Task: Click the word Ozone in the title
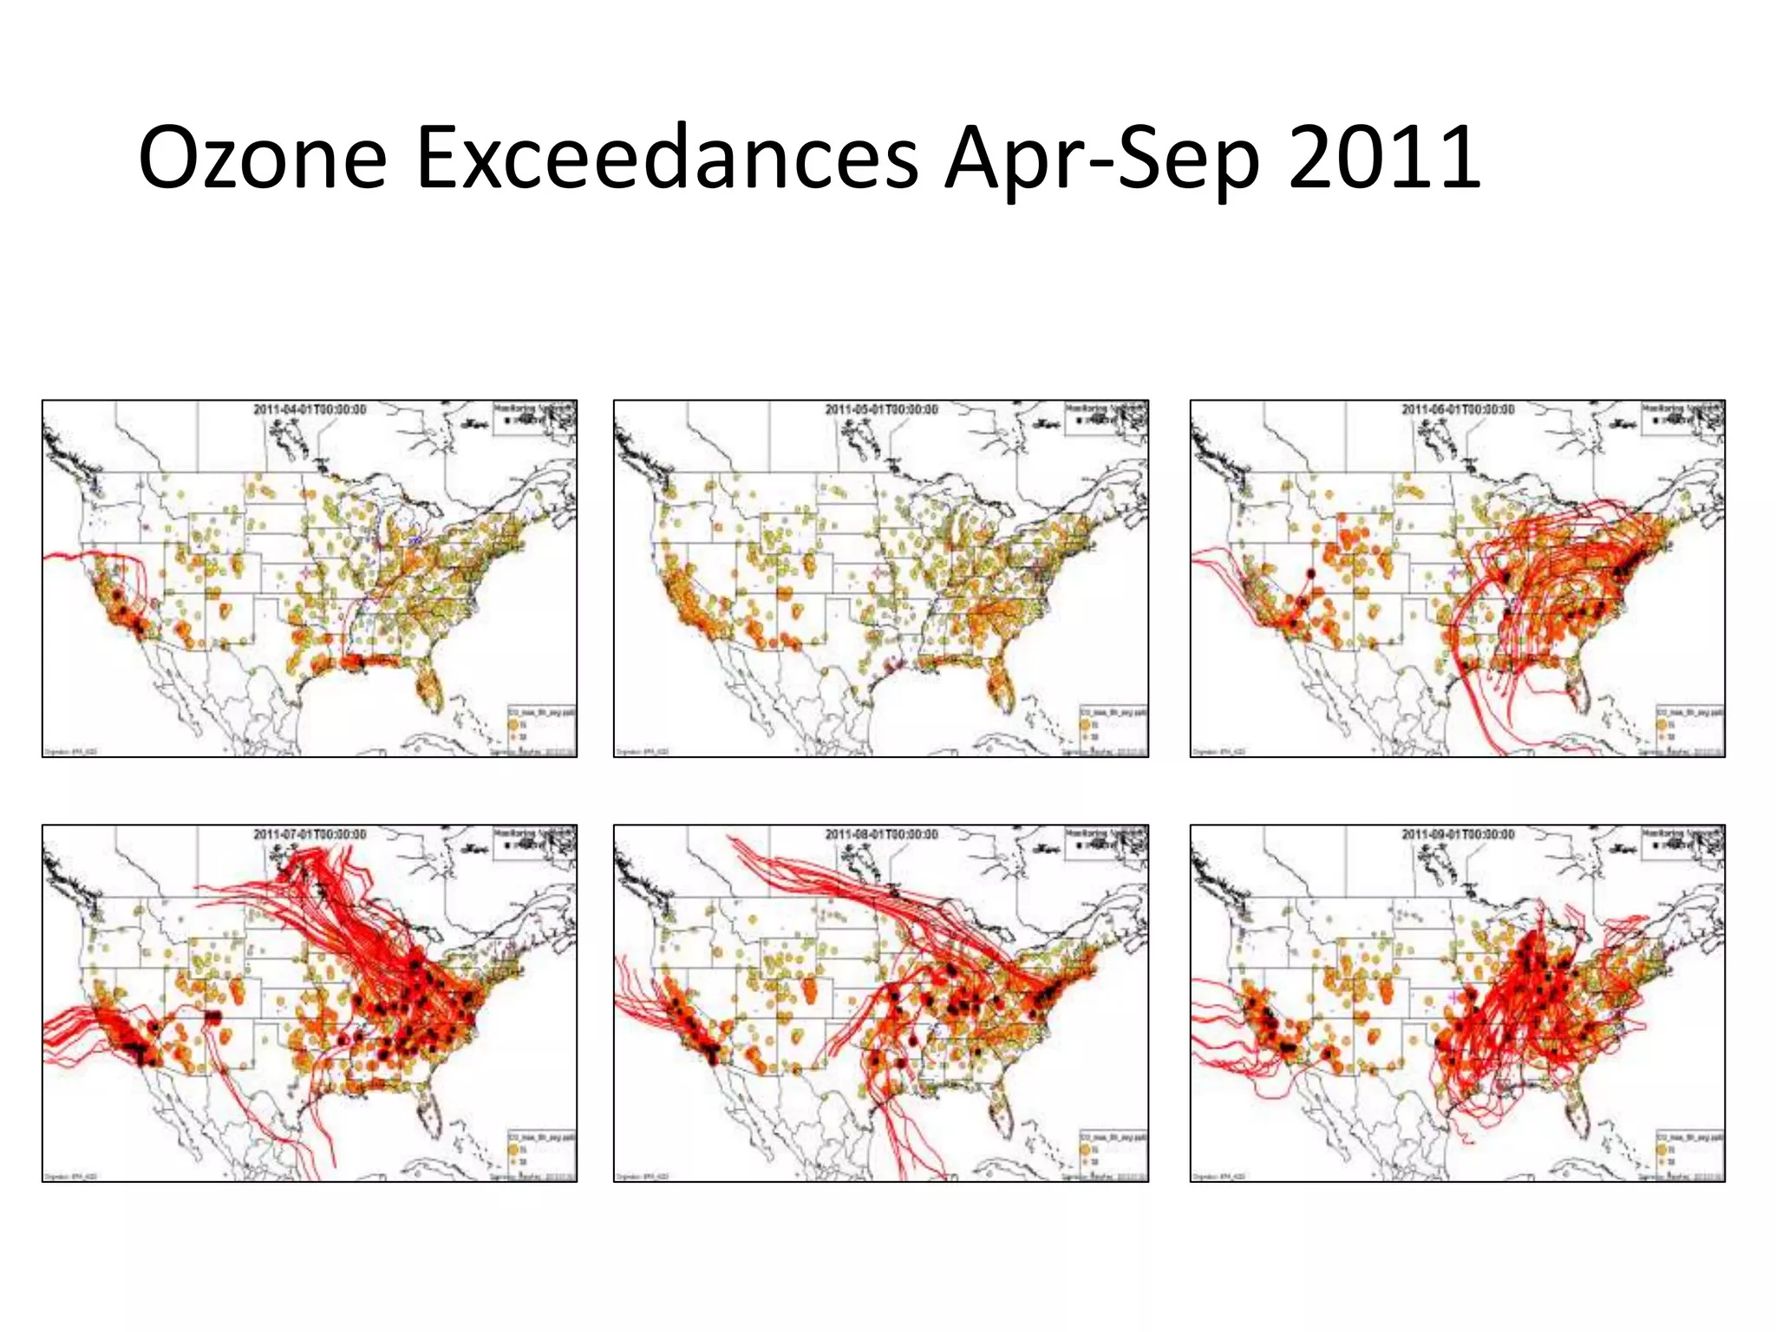(262, 158)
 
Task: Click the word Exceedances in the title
(667, 158)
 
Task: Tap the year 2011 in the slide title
(1384, 158)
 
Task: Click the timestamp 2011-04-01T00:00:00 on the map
(310, 409)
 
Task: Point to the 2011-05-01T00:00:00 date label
(881, 409)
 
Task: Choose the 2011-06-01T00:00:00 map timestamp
(1458, 409)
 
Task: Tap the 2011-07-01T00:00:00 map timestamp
(310, 834)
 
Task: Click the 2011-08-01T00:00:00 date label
(881, 834)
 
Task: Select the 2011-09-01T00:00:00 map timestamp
(1458, 834)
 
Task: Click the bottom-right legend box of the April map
(541, 727)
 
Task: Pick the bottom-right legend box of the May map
(1113, 727)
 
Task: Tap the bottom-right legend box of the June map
(1689, 727)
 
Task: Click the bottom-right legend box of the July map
(541, 1152)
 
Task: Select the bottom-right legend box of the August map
(1113, 1152)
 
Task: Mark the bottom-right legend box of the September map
(1689, 1152)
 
